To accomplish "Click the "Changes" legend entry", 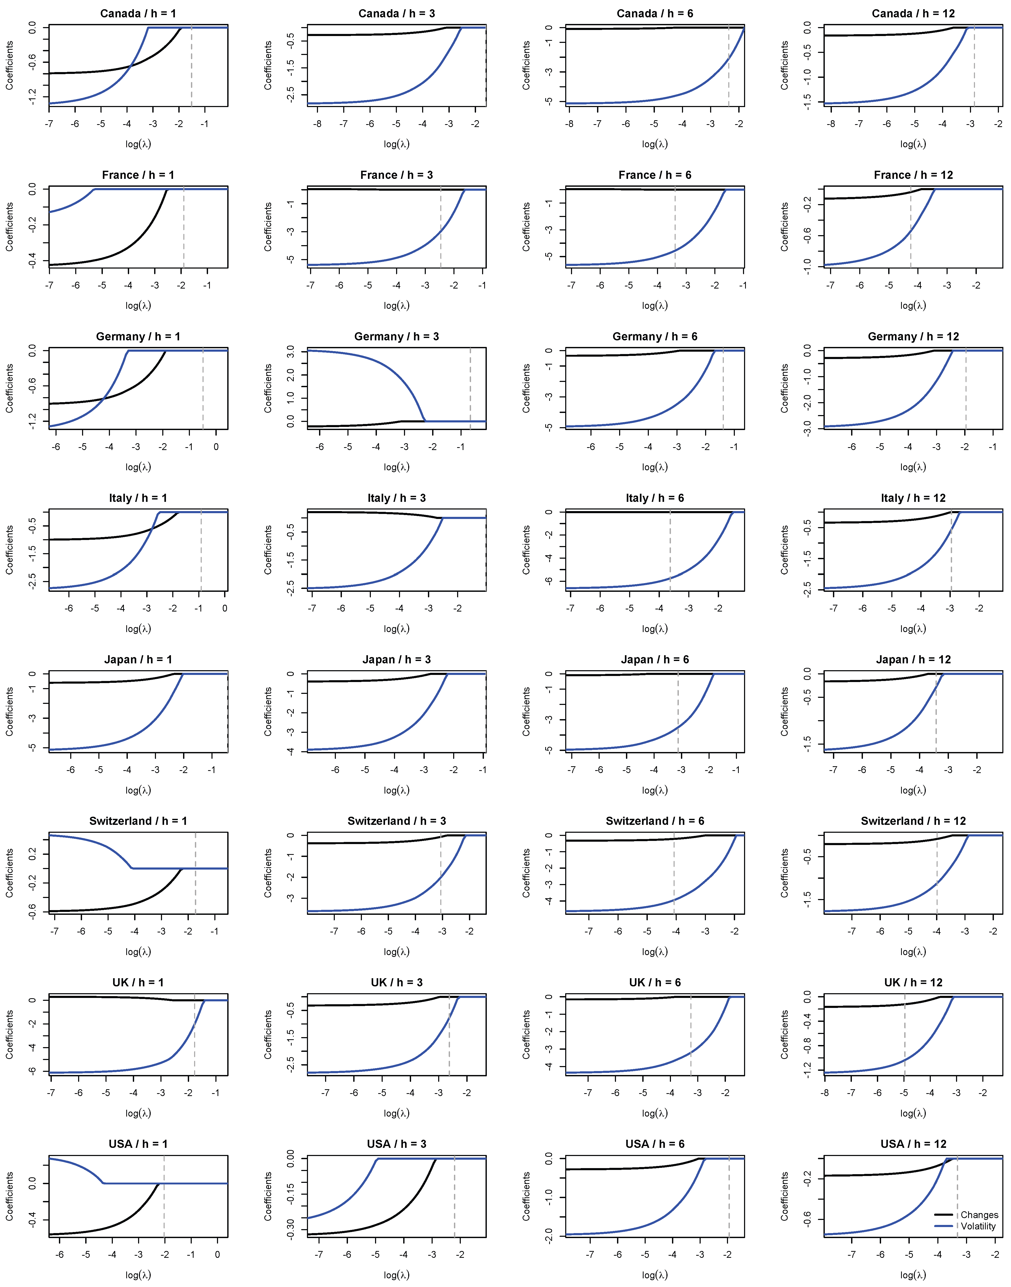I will click(979, 1215).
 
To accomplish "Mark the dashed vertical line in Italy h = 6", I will click(670, 551).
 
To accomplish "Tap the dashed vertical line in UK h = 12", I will click(904, 1036).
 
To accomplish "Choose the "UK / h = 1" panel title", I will click(138, 983).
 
